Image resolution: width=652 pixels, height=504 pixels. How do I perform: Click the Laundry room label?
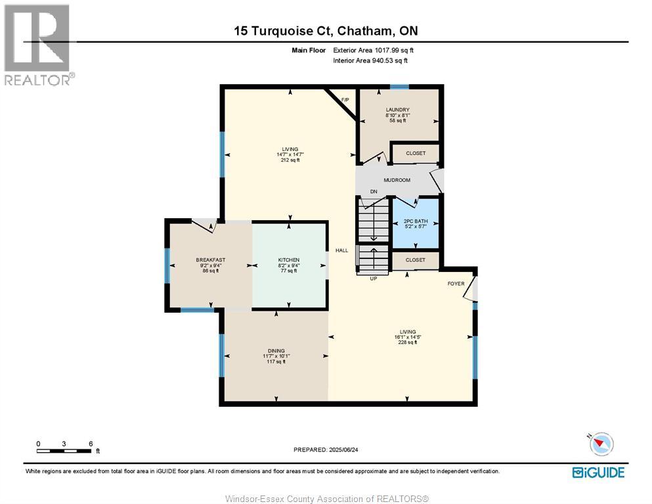coord(397,110)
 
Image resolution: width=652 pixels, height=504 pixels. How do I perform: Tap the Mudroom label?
coord(397,180)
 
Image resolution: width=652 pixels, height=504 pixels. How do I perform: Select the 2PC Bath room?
coord(416,223)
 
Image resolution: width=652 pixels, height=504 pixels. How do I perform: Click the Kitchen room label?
coord(289,260)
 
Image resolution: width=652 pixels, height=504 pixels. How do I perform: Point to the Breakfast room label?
coord(210,260)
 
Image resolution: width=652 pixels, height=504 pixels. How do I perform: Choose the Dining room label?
coord(276,351)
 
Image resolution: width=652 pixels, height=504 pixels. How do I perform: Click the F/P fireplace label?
coord(345,100)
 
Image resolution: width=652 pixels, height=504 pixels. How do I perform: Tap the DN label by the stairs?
coord(374,192)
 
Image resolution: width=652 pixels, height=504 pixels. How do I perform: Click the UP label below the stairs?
coord(374,279)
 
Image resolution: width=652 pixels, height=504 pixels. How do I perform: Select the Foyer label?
coord(456,284)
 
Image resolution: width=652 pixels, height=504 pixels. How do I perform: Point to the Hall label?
coord(342,250)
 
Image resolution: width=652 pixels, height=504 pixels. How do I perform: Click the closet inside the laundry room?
coord(416,153)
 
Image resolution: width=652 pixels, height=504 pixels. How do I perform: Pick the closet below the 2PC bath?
coord(416,260)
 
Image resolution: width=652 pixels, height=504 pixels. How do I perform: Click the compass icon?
coord(601,444)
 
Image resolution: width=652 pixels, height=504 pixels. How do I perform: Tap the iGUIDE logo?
coord(598,472)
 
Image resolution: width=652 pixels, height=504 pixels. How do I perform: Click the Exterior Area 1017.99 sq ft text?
coord(373,51)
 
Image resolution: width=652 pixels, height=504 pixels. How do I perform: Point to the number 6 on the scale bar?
coord(91,444)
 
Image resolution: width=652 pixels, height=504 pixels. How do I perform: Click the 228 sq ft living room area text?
coord(408,342)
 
